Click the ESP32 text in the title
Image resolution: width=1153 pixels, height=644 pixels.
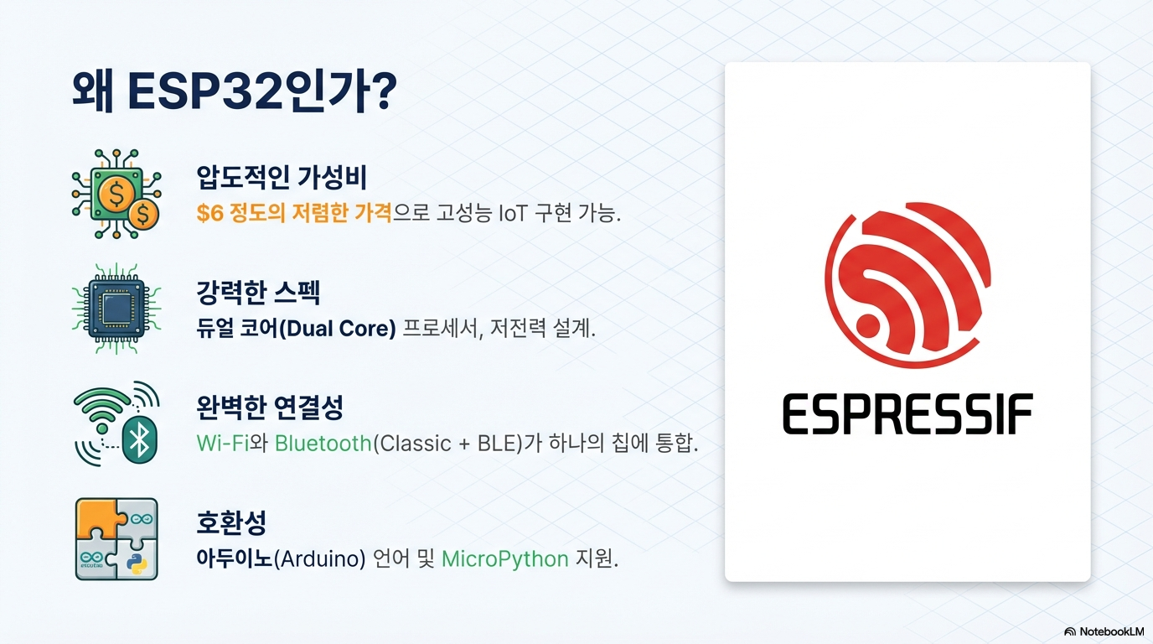(204, 91)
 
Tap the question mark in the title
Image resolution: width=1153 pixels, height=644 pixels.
(383, 91)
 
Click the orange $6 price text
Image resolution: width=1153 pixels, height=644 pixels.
(210, 213)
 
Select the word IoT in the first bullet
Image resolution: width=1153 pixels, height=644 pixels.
(513, 213)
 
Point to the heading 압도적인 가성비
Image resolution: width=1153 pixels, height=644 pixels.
(281, 177)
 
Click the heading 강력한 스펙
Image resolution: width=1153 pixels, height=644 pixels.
(258, 293)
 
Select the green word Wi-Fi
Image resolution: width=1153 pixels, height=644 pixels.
(222, 443)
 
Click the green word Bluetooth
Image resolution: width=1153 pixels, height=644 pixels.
(323, 443)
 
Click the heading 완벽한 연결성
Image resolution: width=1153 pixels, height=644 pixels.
(270, 408)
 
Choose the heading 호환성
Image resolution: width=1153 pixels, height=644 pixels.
(231, 522)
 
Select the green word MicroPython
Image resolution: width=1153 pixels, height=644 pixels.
(505, 559)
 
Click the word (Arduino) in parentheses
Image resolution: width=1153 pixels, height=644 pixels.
(319, 559)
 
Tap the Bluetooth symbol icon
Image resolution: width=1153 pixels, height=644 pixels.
(139, 439)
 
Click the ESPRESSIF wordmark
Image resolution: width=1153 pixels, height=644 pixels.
(908, 414)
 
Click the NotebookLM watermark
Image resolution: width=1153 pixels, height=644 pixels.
(1104, 631)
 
